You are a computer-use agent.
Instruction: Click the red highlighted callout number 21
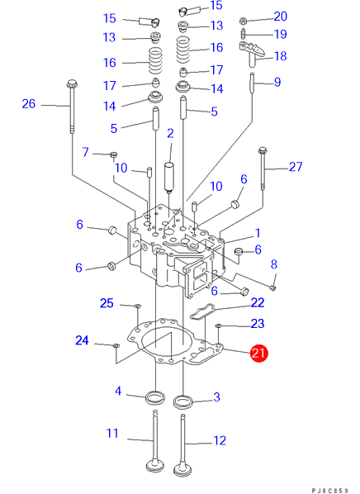pos(258,353)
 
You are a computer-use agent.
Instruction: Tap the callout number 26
pos(28,104)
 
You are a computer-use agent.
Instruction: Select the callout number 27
pos(296,167)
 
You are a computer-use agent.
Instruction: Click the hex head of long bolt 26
pos(72,84)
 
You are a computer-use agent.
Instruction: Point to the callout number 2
pos(170,133)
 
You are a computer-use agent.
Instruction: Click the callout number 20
pos(280,17)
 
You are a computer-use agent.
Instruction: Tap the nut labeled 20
pos(243,21)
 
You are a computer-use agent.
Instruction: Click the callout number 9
pos(277,83)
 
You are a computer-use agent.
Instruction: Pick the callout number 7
pos(85,152)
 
